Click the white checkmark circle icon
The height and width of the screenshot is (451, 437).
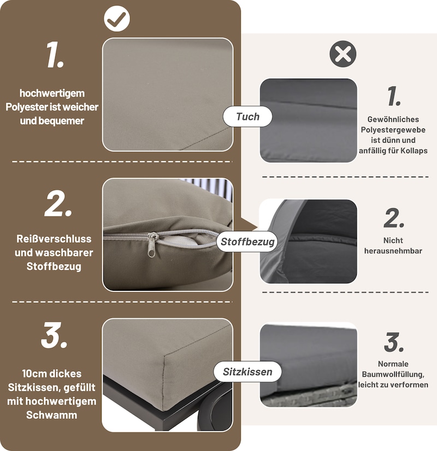pyautogui.click(x=117, y=19)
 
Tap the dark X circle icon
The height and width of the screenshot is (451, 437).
pyautogui.click(x=342, y=54)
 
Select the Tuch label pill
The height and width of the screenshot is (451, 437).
pyautogui.click(x=247, y=116)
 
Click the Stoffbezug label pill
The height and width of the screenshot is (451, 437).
pyautogui.click(x=247, y=242)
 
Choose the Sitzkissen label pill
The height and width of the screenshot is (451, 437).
pyautogui.click(x=247, y=372)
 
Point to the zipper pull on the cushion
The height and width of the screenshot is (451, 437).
pyautogui.click(x=152, y=244)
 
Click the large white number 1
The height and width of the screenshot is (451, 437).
pyautogui.click(x=55, y=55)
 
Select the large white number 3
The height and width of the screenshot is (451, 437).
pyautogui.click(x=54, y=335)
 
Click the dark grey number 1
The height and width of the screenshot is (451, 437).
pyautogui.click(x=394, y=96)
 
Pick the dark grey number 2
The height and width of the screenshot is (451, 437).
pyautogui.click(x=394, y=218)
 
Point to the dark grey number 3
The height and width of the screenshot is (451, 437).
pyautogui.click(x=394, y=342)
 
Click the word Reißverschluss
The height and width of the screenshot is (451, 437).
pyautogui.click(x=54, y=239)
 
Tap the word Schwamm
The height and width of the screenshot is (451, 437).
pyautogui.click(x=51, y=415)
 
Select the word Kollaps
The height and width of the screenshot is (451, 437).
pyautogui.click(x=411, y=150)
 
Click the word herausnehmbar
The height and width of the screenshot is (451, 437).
pyautogui.click(x=393, y=251)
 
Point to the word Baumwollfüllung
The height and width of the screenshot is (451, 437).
pyautogui.click(x=393, y=374)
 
